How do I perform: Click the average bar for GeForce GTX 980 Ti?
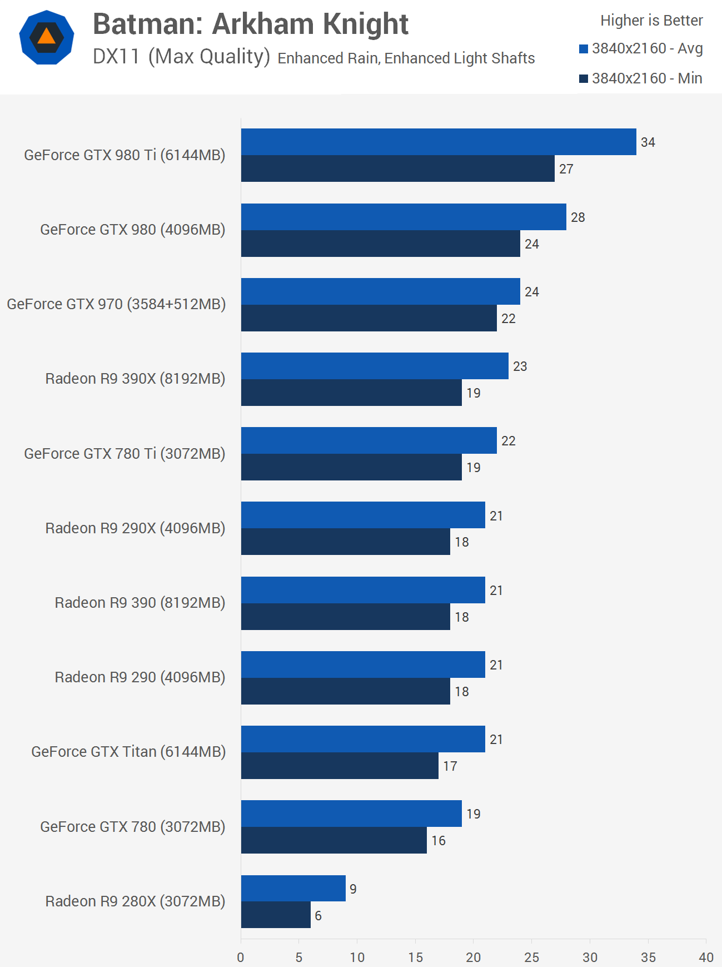click(439, 142)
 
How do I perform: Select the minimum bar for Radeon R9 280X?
click(276, 915)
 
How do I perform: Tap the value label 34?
click(648, 142)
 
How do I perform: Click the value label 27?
click(566, 169)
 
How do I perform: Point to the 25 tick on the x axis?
click(531, 957)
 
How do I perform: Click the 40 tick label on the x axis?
click(706, 957)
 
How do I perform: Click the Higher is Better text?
click(651, 21)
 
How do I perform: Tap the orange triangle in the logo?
click(47, 37)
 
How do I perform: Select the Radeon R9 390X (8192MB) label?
click(135, 379)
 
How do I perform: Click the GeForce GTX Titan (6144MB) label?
click(128, 752)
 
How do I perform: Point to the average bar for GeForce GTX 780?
click(351, 814)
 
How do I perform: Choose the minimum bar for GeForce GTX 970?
click(369, 318)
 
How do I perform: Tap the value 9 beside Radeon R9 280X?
click(353, 889)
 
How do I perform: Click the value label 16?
click(438, 841)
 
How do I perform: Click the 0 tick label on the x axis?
click(241, 957)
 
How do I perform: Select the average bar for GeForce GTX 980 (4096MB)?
click(404, 217)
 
